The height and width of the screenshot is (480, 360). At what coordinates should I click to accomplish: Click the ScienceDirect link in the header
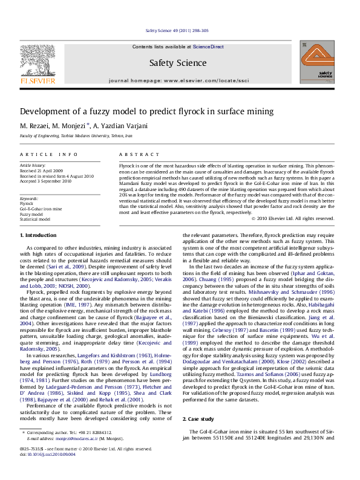[208, 47]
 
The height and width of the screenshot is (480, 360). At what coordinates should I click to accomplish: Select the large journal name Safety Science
[178, 62]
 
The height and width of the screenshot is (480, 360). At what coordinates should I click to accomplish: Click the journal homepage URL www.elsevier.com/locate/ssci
[206, 80]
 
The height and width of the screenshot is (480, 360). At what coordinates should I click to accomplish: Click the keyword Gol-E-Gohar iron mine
[41, 209]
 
